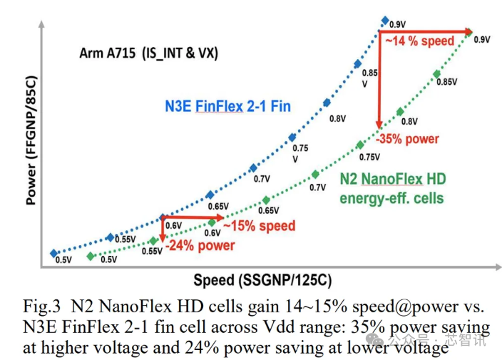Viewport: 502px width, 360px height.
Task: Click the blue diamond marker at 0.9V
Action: [385, 21]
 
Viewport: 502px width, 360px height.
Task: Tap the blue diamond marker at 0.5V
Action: [53, 253]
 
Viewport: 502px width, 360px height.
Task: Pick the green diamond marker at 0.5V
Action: [90, 256]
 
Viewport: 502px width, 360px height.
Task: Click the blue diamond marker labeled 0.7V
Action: [253, 168]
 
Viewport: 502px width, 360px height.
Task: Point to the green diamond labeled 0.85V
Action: [436, 73]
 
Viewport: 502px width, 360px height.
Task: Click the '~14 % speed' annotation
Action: [420, 41]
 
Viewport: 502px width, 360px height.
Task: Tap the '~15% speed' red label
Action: [258, 226]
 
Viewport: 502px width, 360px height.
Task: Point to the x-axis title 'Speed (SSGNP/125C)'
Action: [262, 279]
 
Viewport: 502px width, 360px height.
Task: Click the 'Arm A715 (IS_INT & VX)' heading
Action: [149, 53]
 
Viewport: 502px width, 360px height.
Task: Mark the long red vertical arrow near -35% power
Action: [379, 78]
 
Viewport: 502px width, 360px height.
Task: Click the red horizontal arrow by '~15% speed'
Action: [193, 217]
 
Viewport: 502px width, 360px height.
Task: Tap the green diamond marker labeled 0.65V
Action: [265, 200]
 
